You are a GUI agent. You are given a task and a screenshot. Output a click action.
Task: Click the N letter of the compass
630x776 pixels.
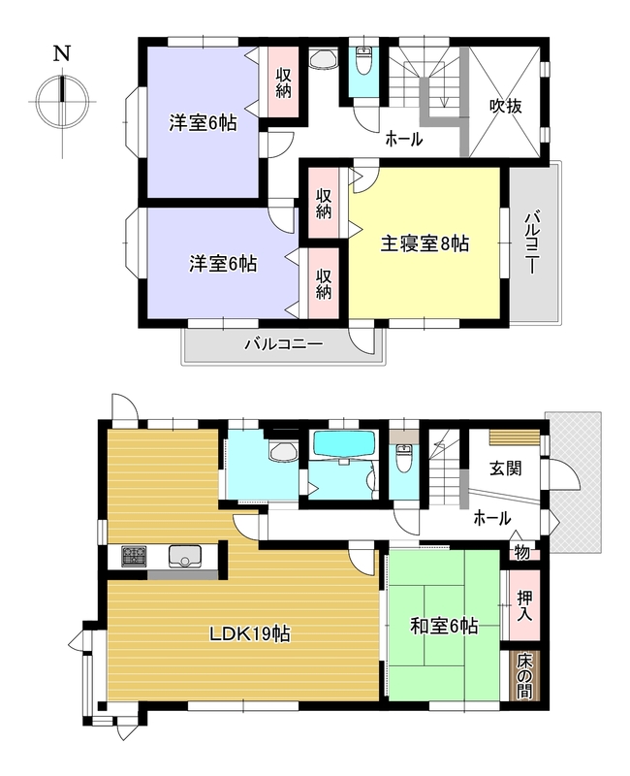point(62,53)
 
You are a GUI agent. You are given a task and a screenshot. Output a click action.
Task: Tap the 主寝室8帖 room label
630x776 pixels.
point(425,244)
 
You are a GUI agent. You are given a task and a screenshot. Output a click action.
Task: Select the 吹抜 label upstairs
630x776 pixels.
point(506,106)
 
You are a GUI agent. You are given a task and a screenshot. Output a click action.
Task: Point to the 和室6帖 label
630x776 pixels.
point(444,627)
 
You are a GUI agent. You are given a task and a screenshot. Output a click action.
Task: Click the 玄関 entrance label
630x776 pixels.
point(506,469)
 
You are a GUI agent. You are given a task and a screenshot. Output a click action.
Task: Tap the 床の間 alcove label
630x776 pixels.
point(524,675)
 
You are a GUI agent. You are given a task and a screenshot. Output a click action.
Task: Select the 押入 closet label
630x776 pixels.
point(524,605)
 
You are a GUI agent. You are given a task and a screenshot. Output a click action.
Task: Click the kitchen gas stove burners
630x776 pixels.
point(134,556)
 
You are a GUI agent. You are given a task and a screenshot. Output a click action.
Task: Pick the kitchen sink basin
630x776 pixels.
point(184,556)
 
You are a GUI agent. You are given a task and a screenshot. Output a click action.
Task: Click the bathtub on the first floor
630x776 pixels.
point(344,444)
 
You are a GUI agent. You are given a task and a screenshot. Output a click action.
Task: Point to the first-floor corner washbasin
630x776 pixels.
point(282,450)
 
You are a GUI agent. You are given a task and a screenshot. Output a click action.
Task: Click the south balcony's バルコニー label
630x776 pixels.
point(283,343)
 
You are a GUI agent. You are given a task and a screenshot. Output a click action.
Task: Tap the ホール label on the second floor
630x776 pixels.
point(403,139)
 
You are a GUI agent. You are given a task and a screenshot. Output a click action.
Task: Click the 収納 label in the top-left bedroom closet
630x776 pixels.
point(283,82)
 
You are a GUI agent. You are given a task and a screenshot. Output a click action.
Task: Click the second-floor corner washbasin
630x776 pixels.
point(324,60)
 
